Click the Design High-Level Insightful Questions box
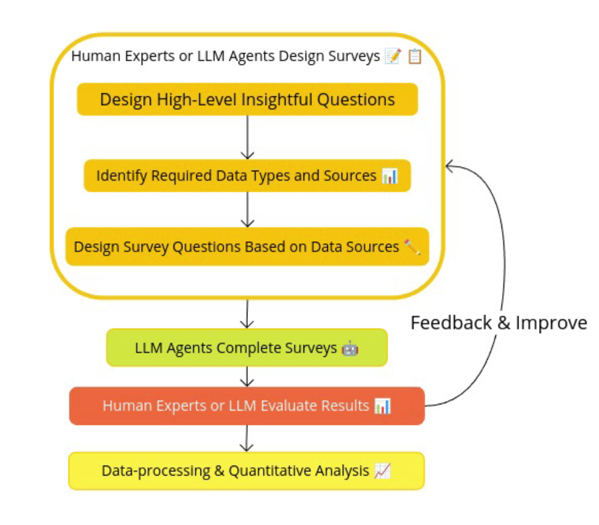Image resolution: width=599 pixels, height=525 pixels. (247, 99)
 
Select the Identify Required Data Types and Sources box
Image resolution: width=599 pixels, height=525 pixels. (247, 176)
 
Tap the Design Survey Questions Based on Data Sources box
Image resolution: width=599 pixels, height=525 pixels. (247, 247)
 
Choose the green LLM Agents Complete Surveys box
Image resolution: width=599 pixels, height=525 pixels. (247, 347)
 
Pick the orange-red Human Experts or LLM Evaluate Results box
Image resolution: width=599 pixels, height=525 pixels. (247, 406)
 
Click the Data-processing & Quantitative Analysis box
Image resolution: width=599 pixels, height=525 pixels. (247, 471)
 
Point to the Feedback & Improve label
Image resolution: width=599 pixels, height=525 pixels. (498, 322)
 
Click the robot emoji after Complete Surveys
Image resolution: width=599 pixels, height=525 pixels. (350, 348)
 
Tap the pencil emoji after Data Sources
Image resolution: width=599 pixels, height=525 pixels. (412, 247)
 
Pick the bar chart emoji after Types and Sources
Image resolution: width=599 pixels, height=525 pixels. (390, 176)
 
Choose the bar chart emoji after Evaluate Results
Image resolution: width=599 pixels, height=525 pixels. (382, 406)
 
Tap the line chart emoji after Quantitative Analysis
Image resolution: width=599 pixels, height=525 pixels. (382, 471)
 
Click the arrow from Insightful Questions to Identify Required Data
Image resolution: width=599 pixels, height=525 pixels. (248, 137)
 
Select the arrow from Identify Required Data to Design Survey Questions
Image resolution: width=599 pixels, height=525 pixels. (248, 209)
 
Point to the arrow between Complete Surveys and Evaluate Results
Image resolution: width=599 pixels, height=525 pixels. (248, 376)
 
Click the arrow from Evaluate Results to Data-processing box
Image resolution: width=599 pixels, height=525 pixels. (248, 438)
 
